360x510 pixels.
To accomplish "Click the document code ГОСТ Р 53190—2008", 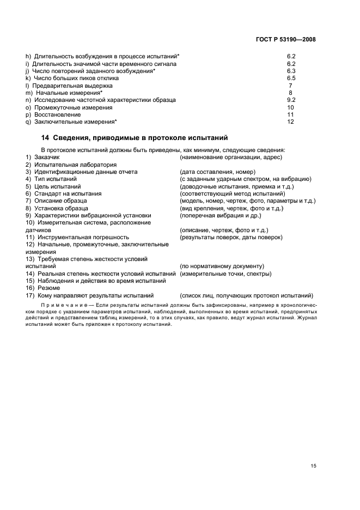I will pyautogui.click(x=286, y=40).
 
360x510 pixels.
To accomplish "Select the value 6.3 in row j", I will pyautogui.click(x=291, y=71).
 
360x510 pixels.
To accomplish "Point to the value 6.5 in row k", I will pyautogui.click(x=291, y=78).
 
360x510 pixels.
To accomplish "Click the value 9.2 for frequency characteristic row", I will pyautogui.click(x=291, y=100).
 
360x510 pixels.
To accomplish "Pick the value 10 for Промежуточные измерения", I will pyautogui.click(x=291, y=107).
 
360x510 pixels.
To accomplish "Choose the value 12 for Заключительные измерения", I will pyautogui.click(x=291, y=122).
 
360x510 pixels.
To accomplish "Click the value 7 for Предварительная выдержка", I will pyautogui.click(x=291, y=86).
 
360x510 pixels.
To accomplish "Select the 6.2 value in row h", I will pyautogui.click(x=291, y=56).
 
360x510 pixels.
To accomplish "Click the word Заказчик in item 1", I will pyautogui.click(x=46, y=157).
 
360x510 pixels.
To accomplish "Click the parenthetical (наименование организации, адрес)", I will pyautogui.click(x=230, y=157).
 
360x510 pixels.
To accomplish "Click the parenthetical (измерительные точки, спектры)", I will pyautogui.click(x=225, y=274).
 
